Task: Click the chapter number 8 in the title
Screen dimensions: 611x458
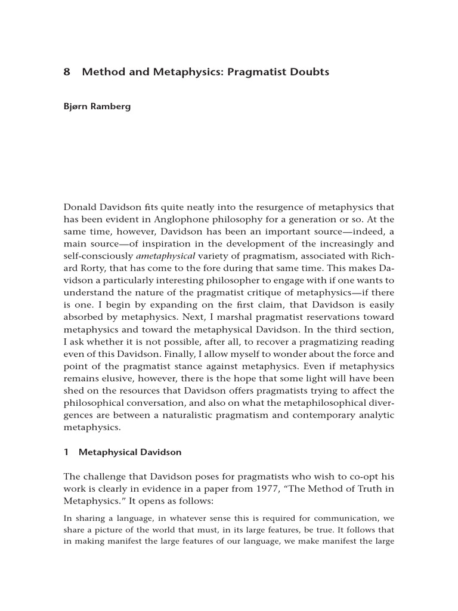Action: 67,72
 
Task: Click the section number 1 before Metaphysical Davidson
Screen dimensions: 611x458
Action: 66,452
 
